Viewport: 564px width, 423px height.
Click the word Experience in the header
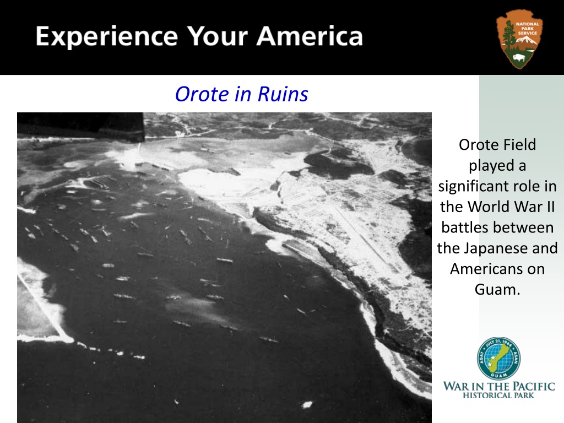tap(107, 37)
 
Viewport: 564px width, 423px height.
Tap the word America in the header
tap(310, 36)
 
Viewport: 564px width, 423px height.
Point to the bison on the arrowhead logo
tap(519, 57)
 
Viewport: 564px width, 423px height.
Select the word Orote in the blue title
tap(202, 94)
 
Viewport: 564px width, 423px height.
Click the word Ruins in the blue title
tap(283, 94)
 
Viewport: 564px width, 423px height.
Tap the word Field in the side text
tap(519, 145)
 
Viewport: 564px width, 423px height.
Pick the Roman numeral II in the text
tap(550, 207)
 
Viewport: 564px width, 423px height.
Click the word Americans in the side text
tap(483, 269)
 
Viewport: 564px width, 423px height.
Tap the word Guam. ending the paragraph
tap(497, 290)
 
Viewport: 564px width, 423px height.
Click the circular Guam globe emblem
tap(498, 358)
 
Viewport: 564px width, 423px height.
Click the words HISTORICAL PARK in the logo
tap(498, 395)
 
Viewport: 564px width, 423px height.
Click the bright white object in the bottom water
tap(307, 405)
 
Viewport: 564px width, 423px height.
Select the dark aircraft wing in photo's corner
tap(81, 126)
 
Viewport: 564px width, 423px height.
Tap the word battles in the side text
tap(497, 227)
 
